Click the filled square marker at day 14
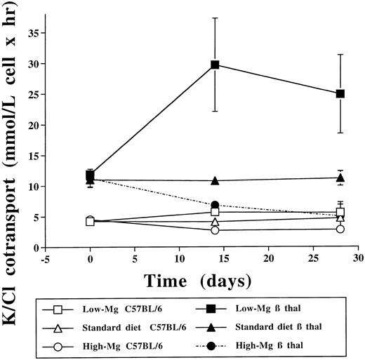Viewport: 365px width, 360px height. tap(215, 65)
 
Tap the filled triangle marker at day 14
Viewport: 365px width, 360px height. tap(215, 181)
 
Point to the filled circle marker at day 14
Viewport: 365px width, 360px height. tap(215, 205)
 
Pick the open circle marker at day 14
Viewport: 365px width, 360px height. tap(215, 229)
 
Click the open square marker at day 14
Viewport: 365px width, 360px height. tap(215, 211)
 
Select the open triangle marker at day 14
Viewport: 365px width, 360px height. tap(215, 222)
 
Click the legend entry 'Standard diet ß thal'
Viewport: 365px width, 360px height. tap(281, 327)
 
